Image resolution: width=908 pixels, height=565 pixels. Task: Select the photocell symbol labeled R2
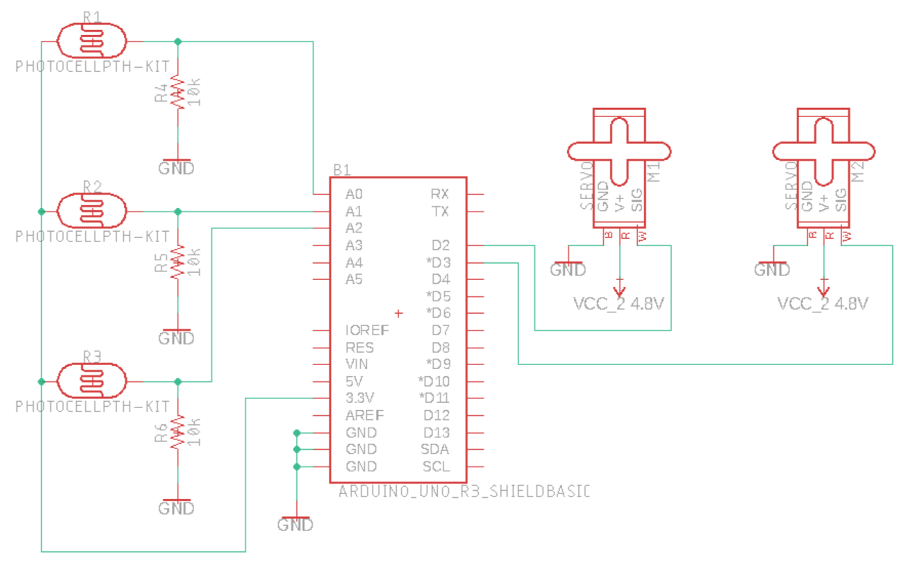coord(92,211)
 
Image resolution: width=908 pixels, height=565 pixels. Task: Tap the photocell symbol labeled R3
coord(92,381)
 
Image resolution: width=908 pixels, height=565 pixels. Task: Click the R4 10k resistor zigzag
coord(177,91)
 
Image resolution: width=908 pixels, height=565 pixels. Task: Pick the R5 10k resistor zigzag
coord(177,262)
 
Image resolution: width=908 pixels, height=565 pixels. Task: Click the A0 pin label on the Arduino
coord(354,194)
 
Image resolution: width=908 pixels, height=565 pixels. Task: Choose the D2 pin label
coord(440,245)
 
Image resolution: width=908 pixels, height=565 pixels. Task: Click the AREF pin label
coord(365,415)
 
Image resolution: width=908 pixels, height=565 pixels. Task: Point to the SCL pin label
coord(436,466)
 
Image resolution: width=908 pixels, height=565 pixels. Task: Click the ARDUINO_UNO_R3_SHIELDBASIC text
coord(464,492)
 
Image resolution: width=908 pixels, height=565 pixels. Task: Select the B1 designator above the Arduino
coord(342,170)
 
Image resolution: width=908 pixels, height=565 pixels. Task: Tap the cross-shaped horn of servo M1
coord(619,151)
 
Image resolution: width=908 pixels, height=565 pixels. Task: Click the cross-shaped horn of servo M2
coord(824,151)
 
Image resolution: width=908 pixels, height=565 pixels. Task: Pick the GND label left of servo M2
coord(773,268)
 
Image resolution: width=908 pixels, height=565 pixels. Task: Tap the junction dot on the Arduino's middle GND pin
coord(297,449)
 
